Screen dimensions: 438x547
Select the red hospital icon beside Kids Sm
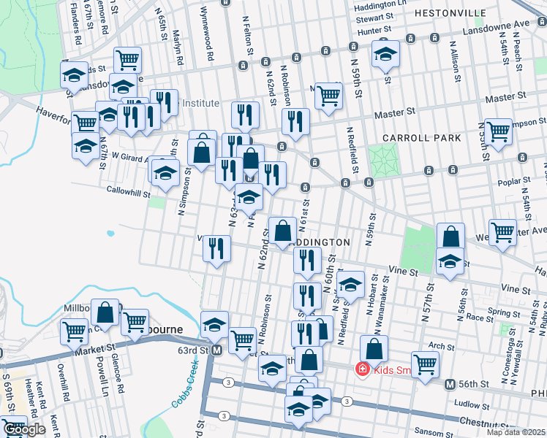pos(361,369)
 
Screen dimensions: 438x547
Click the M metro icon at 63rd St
pos(216,350)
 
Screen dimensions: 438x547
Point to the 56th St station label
pos(478,384)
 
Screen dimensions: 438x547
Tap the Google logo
pos(23,430)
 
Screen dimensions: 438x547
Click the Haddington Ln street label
pos(379,4)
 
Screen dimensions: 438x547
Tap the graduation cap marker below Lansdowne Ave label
pos(385,55)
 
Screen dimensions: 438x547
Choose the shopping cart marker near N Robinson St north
pos(329,96)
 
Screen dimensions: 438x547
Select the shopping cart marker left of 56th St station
pos(425,364)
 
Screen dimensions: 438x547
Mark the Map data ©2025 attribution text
pos(516,432)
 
